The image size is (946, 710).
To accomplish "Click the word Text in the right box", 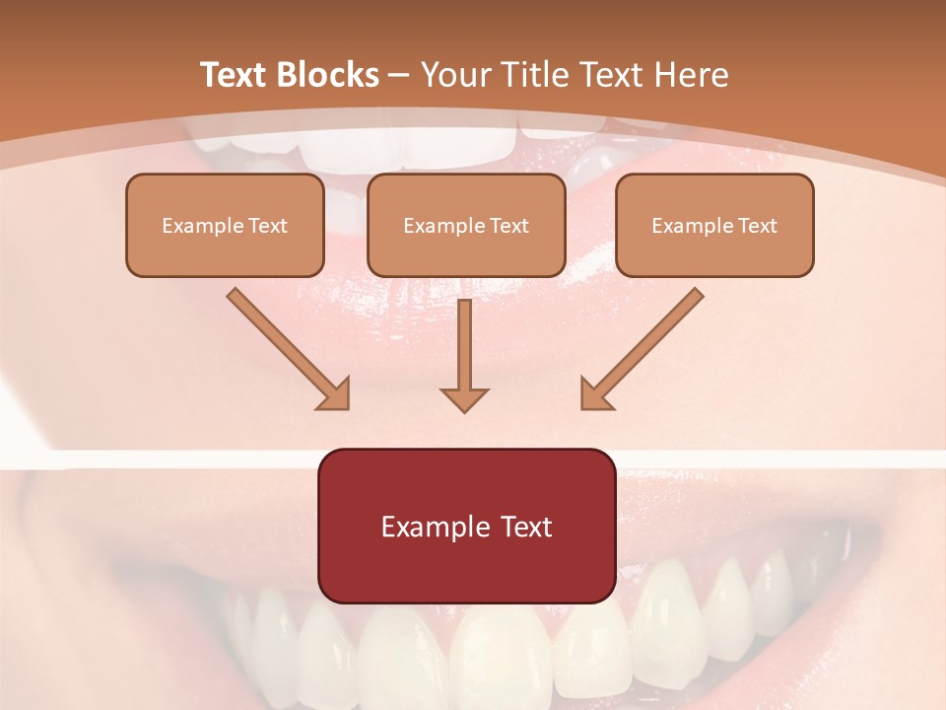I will coord(757,226).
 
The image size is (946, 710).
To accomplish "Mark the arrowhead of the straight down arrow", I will coord(464,398).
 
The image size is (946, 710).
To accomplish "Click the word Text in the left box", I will coord(268,226).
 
